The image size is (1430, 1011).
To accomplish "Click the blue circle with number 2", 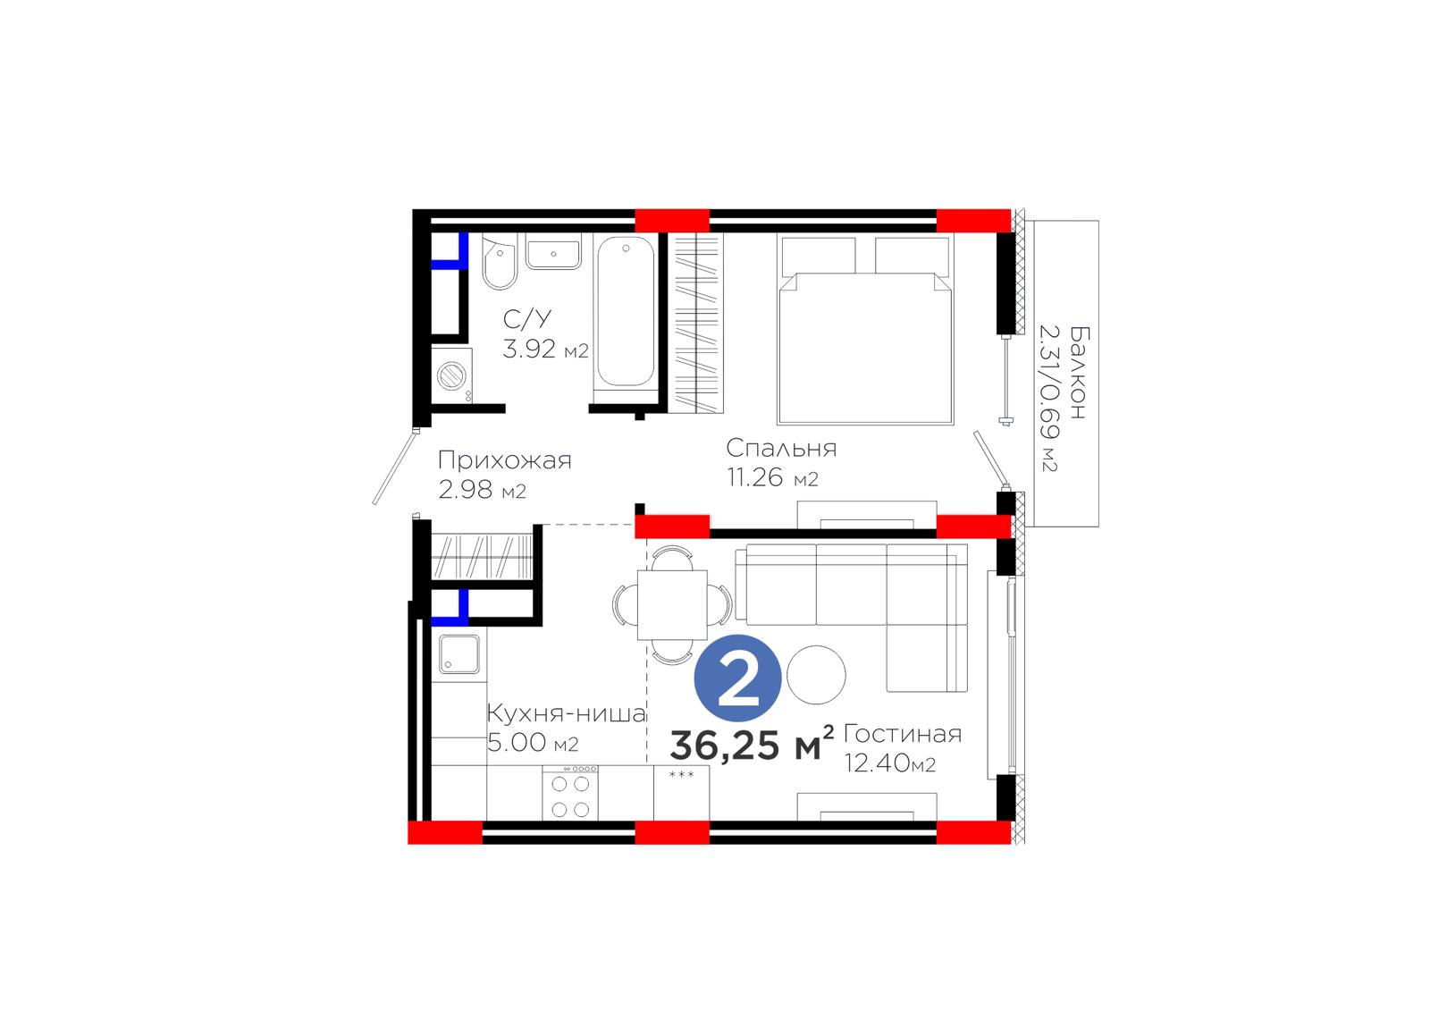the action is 737,678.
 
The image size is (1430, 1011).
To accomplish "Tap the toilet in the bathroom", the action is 499,263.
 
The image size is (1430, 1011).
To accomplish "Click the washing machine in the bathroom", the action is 452,375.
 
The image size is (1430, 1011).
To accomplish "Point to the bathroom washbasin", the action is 553,251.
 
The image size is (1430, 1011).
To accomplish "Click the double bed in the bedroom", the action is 865,330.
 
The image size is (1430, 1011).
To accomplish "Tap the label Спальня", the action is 781,449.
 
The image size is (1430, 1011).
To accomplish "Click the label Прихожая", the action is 504,460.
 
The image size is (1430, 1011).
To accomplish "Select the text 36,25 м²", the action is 752,744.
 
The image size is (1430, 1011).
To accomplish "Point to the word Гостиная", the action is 902,735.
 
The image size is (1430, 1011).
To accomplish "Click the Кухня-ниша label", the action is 567,712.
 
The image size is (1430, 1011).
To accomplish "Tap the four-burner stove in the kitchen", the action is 570,793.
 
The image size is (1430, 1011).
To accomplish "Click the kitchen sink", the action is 458,654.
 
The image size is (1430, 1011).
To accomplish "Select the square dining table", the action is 672,605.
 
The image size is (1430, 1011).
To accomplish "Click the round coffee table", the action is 816,674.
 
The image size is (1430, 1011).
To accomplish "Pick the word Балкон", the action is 1079,373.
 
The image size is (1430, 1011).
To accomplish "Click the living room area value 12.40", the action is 877,763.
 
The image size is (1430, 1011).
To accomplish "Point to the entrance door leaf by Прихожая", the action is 394,468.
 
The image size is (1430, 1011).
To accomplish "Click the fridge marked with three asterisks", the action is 681,793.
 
